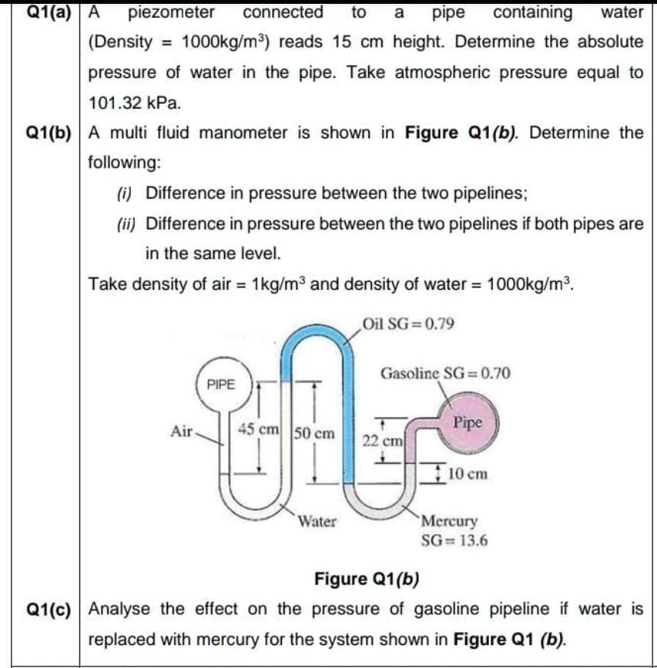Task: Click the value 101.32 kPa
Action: pos(134,102)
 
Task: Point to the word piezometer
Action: pos(171,12)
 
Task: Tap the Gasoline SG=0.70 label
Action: pos(445,374)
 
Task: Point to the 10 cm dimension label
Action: pos(468,473)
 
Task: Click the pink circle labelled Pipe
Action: pos(468,423)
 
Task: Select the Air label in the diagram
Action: pos(183,430)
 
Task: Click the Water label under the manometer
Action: pos(316,522)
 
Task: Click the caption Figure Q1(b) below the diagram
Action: pos(367,578)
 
